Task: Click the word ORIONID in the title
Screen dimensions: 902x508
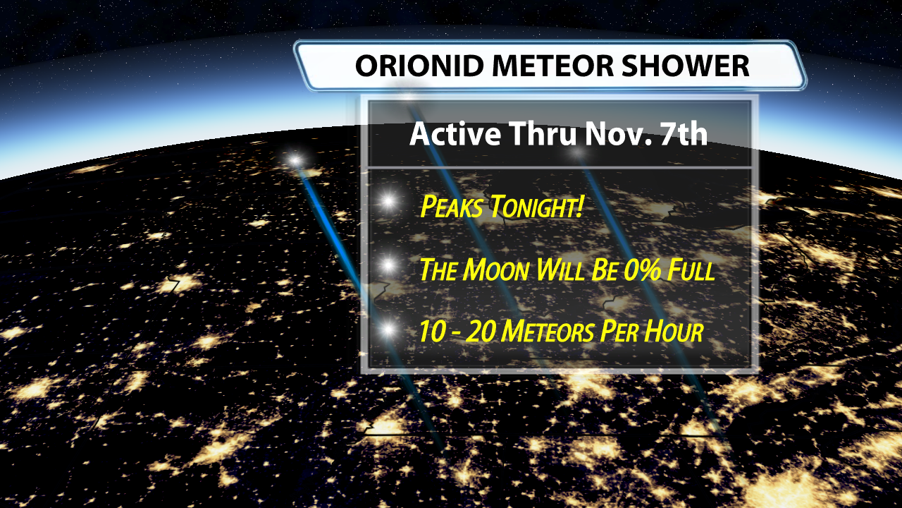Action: pyautogui.click(x=419, y=66)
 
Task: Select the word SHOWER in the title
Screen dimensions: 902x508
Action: pyautogui.click(x=686, y=66)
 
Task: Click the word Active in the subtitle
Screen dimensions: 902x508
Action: pyautogui.click(x=455, y=133)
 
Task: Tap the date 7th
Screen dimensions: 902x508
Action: pyautogui.click(x=684, y=133)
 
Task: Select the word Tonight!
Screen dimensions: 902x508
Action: pyautogui.click(x=536, y=207)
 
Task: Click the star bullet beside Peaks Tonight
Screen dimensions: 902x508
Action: pyautogui.click(x=388, y=201)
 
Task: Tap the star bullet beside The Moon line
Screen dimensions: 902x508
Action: pyautogui.click(x=388, y=265)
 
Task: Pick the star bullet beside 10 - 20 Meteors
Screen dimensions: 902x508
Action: pyautogui.click(x=388, y=329)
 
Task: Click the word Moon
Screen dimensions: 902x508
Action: pyautogui.click(x=496, y=270)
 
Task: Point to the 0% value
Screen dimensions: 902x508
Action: pyautogui.click(x=642, y=270)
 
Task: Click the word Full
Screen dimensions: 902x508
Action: pyautogui.click(x=691, y=270)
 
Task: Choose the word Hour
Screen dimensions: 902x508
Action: pyautogui.click(x=674, y=332)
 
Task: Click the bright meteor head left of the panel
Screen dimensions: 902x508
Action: pyautogui.click(x=295, y=161)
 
